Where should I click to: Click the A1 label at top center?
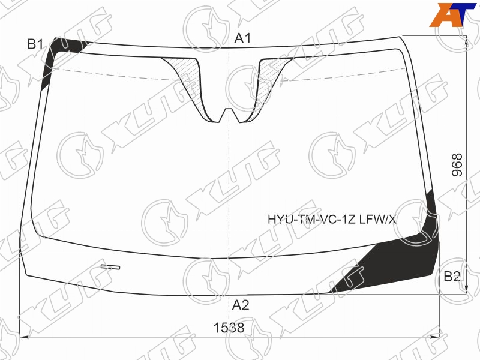pyautogui.click(x=242, y=38)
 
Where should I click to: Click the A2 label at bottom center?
pyautogui.click(x=241, y=305)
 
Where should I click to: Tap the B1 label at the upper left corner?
pyautogui.click(x=35, y=44)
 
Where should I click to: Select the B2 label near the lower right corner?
pyautogui.click(x=452, y=277)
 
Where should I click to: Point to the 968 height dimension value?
pyautogui.click(x=457, y=164)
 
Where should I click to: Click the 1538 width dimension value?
pyautogui.click(x=229, y=328)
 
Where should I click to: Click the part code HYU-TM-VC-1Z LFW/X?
pyautogui.click(x=332, y=219)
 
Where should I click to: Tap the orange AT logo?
pyautogui.click(x=453, y=14)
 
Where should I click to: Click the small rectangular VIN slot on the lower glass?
pyautogui.click(x=110, y=267)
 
